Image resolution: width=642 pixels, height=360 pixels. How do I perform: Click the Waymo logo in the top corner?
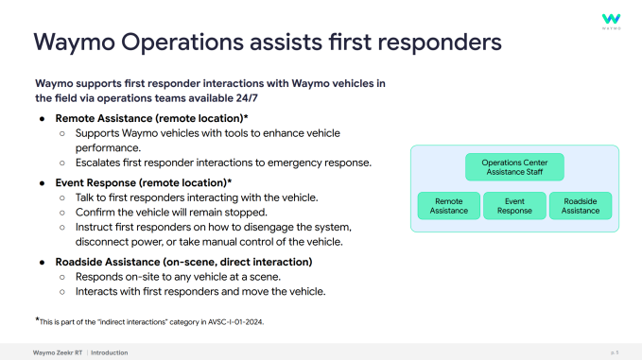612,20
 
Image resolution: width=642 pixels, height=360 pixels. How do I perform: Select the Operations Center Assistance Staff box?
514,168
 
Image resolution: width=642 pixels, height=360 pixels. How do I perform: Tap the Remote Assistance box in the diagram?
448,206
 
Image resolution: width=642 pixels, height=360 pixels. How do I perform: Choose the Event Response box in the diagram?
514,206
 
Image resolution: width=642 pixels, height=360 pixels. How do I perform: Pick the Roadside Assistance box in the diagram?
581,206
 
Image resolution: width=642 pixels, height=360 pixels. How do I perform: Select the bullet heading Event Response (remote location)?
144,181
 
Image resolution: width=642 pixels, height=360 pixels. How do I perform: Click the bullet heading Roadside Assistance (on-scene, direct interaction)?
182,261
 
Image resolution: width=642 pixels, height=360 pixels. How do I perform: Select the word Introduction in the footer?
110,352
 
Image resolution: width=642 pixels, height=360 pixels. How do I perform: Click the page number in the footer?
616,352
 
